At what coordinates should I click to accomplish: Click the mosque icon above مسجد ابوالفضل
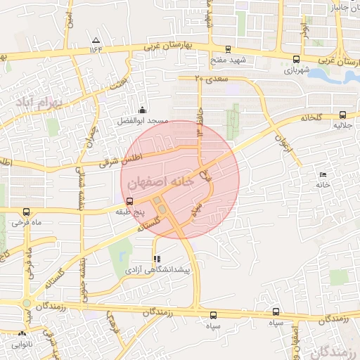(143, 110)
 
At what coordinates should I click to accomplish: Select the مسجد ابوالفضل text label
(143, 121)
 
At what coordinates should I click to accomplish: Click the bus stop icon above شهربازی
(295, 60)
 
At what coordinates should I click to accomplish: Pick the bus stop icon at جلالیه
(342, 115)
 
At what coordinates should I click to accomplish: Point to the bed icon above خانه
(323, 174)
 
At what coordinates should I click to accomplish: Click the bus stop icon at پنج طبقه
(128, 200)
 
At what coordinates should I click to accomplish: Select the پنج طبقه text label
(130, 210)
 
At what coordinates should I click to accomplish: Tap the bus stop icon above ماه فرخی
(26, 212)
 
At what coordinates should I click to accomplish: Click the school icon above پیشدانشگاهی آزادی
(156, 258)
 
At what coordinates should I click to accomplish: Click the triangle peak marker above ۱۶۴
(96, 40)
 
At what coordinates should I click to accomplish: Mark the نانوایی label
(22, 345)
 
